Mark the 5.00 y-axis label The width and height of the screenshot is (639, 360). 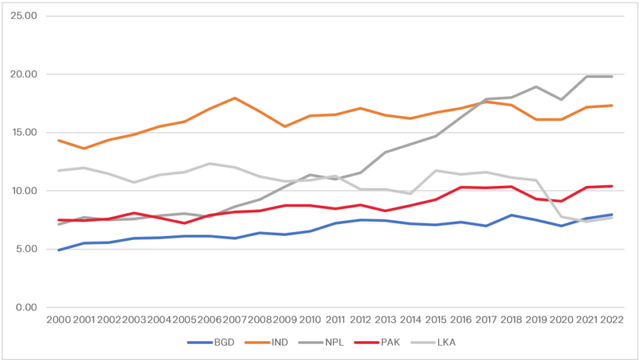point(26,249)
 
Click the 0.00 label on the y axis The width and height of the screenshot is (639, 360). point(26,307)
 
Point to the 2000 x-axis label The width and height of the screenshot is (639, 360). point(58,319)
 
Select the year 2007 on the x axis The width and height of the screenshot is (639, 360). point(233,319)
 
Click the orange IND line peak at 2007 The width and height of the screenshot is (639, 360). point(233,98)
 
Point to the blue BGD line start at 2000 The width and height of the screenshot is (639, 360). point(58,250)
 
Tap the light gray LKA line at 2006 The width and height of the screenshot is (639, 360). point(208,163)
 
